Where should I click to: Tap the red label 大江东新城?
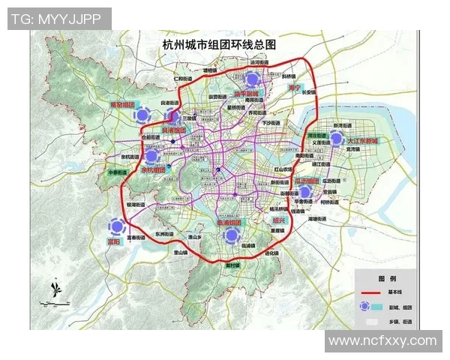tap(364, 140)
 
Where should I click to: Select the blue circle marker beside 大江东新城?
tap(337, 138)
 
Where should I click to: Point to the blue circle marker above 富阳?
tap(115, 226)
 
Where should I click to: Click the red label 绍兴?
tap(279, 220)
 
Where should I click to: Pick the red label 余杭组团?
tap(157, 170)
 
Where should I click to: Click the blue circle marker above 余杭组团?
tap(152, 156)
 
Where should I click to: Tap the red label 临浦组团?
tap(228, 223)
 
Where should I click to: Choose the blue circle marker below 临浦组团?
tap(232, 237)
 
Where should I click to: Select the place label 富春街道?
tap(139, 238)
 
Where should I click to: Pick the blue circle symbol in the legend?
tap(365, 306)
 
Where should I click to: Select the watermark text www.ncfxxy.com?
tap(382, 341)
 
